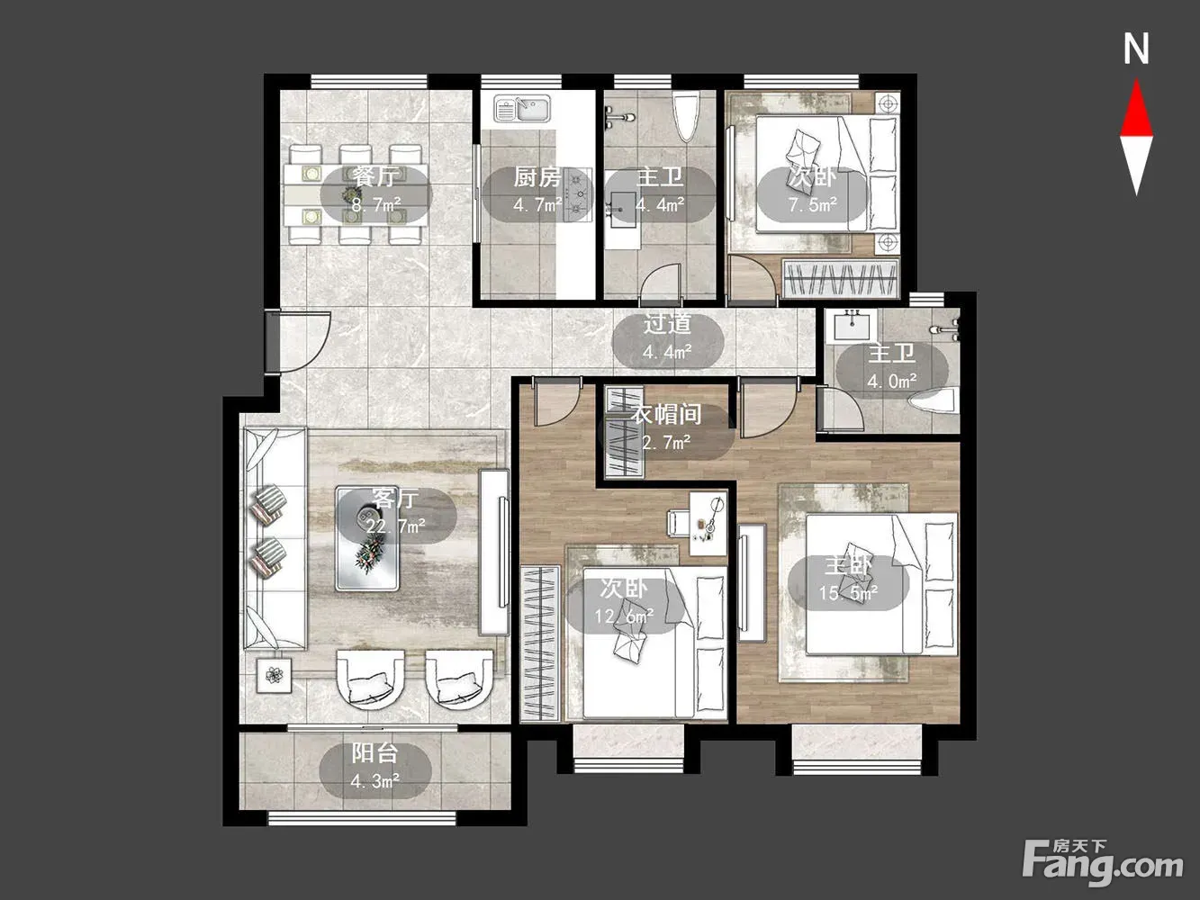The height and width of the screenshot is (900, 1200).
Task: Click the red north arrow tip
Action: click(x=1136, y=79)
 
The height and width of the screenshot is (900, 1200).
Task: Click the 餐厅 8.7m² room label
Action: click(x=376, y=190)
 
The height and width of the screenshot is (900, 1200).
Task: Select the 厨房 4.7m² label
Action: click(x=537, y=190)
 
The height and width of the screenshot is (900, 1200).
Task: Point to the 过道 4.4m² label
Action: click(x=668, y=338)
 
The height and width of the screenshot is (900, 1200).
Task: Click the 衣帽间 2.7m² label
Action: click(x=666, y=427)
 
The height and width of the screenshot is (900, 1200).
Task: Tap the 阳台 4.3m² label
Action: click(x=375, y=767)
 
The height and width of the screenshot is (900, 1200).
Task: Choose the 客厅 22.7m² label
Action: click(x=396, y=513)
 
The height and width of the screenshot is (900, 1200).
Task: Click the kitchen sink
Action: click(x=522, y=108)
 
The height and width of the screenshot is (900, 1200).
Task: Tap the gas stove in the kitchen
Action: click(x=578, y=194)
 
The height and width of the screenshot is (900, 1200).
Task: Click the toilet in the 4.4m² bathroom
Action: click(x=687, y=116)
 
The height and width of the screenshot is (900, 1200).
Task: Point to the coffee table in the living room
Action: click(x=367, y=538)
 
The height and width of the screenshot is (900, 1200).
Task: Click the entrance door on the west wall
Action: click(x=271, y=342)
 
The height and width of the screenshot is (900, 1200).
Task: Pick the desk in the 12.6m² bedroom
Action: click(x=708, y=524)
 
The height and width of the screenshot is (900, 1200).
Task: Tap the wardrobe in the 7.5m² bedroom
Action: click(x=841, y=279)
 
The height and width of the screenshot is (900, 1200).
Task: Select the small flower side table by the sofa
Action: click(x=274, y=675)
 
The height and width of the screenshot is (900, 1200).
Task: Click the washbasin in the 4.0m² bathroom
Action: click(x=852, y=326)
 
